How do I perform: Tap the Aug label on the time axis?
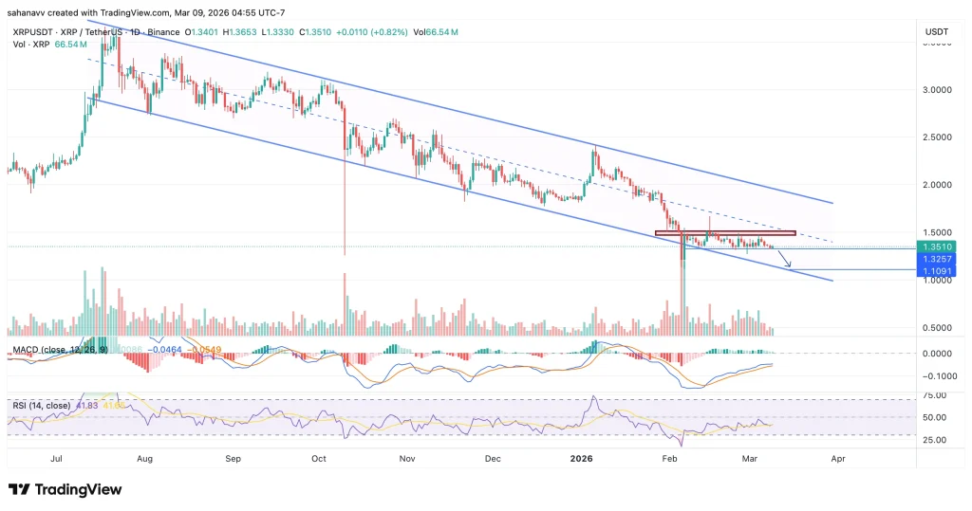click(144, 457)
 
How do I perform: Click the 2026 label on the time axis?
click(581, 457)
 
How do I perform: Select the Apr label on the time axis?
click(837, 457)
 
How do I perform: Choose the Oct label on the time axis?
click(320, 457)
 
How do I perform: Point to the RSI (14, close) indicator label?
click(43, 405)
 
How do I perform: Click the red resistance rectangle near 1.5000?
click(724, 233)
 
